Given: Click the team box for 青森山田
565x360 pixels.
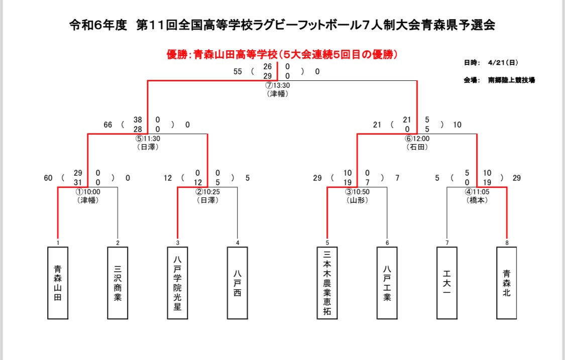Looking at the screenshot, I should click(57, 283).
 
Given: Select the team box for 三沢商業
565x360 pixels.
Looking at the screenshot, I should click(118, 283).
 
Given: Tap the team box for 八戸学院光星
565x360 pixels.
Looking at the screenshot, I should click(177, 283).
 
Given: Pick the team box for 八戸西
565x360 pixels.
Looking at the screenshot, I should click(237, 283).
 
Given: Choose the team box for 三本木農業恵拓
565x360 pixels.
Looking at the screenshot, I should click(327, 283).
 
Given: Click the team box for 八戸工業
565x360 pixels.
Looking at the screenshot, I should click(387, 283).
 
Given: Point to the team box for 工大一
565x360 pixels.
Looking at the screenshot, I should click(446, 283).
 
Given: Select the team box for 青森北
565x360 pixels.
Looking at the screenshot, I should click(506, 283).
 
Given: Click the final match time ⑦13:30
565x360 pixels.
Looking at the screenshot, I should click(278, 85).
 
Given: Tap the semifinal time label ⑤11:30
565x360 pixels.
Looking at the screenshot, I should click(148, 139).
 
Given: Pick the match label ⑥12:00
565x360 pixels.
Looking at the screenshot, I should click(417, 139).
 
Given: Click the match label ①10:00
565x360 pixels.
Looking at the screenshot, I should click(88, 192).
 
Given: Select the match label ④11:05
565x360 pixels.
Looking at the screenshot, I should click(477, 192).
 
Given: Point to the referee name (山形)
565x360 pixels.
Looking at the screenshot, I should click(357, 200).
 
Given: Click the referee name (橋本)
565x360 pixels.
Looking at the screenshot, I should click(477, 200).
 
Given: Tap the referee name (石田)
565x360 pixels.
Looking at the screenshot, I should click(417, 147).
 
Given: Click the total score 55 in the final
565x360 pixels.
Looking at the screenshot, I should click(238, 71).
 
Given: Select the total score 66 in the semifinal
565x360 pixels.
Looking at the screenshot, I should click(108, 125).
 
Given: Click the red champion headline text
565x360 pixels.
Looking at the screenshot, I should click(282, 55).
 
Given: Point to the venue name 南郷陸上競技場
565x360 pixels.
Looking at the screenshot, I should click(511, 79).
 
